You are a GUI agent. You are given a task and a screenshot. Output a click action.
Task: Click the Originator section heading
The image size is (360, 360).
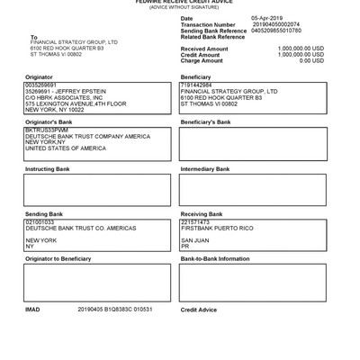click(40, 77)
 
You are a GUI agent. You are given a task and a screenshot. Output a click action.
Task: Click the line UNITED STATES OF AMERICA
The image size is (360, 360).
click(66, 148)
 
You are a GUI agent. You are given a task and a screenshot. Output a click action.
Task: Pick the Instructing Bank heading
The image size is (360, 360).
click(48, 168)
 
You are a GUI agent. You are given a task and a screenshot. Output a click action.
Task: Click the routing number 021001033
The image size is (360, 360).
click(40, 221)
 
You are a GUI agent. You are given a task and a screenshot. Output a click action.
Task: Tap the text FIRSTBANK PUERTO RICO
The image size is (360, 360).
click(217, 228)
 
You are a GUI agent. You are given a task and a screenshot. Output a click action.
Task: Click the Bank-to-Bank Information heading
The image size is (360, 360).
click(215, 258)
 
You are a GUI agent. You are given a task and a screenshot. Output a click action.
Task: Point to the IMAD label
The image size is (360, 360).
click(32, 309)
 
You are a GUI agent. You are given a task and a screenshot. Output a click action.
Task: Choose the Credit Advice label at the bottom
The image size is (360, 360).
click(199, 309)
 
